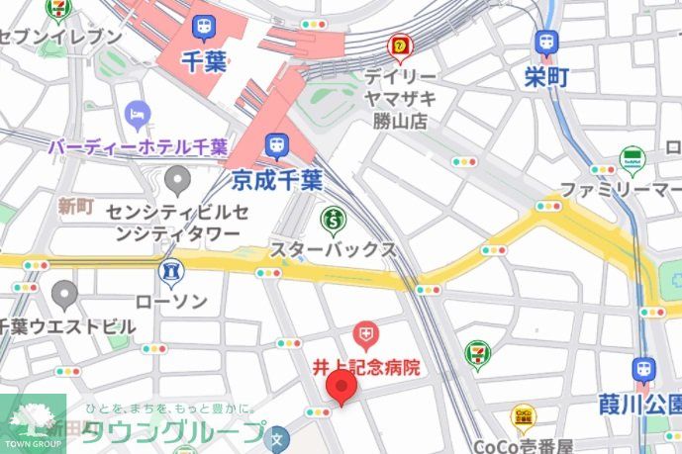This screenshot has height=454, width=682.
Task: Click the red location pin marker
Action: (341, 389)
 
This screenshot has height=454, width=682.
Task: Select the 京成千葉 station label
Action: (278, 180)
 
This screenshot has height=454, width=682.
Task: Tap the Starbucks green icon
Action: (334, 217)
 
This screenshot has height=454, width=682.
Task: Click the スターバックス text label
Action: (334, 249)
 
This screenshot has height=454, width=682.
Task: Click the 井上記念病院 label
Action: (367, 368)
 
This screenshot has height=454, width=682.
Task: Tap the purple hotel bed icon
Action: (137, 115)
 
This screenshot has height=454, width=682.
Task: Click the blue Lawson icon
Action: (172, 270)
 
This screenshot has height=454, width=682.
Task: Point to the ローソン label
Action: (172, 301)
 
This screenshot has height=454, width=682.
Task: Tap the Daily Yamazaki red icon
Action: (400, 45)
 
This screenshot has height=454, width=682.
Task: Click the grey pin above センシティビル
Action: (177, 180)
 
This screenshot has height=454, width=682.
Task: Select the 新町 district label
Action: (75, 206)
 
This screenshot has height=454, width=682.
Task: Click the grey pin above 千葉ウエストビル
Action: (65, 293)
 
